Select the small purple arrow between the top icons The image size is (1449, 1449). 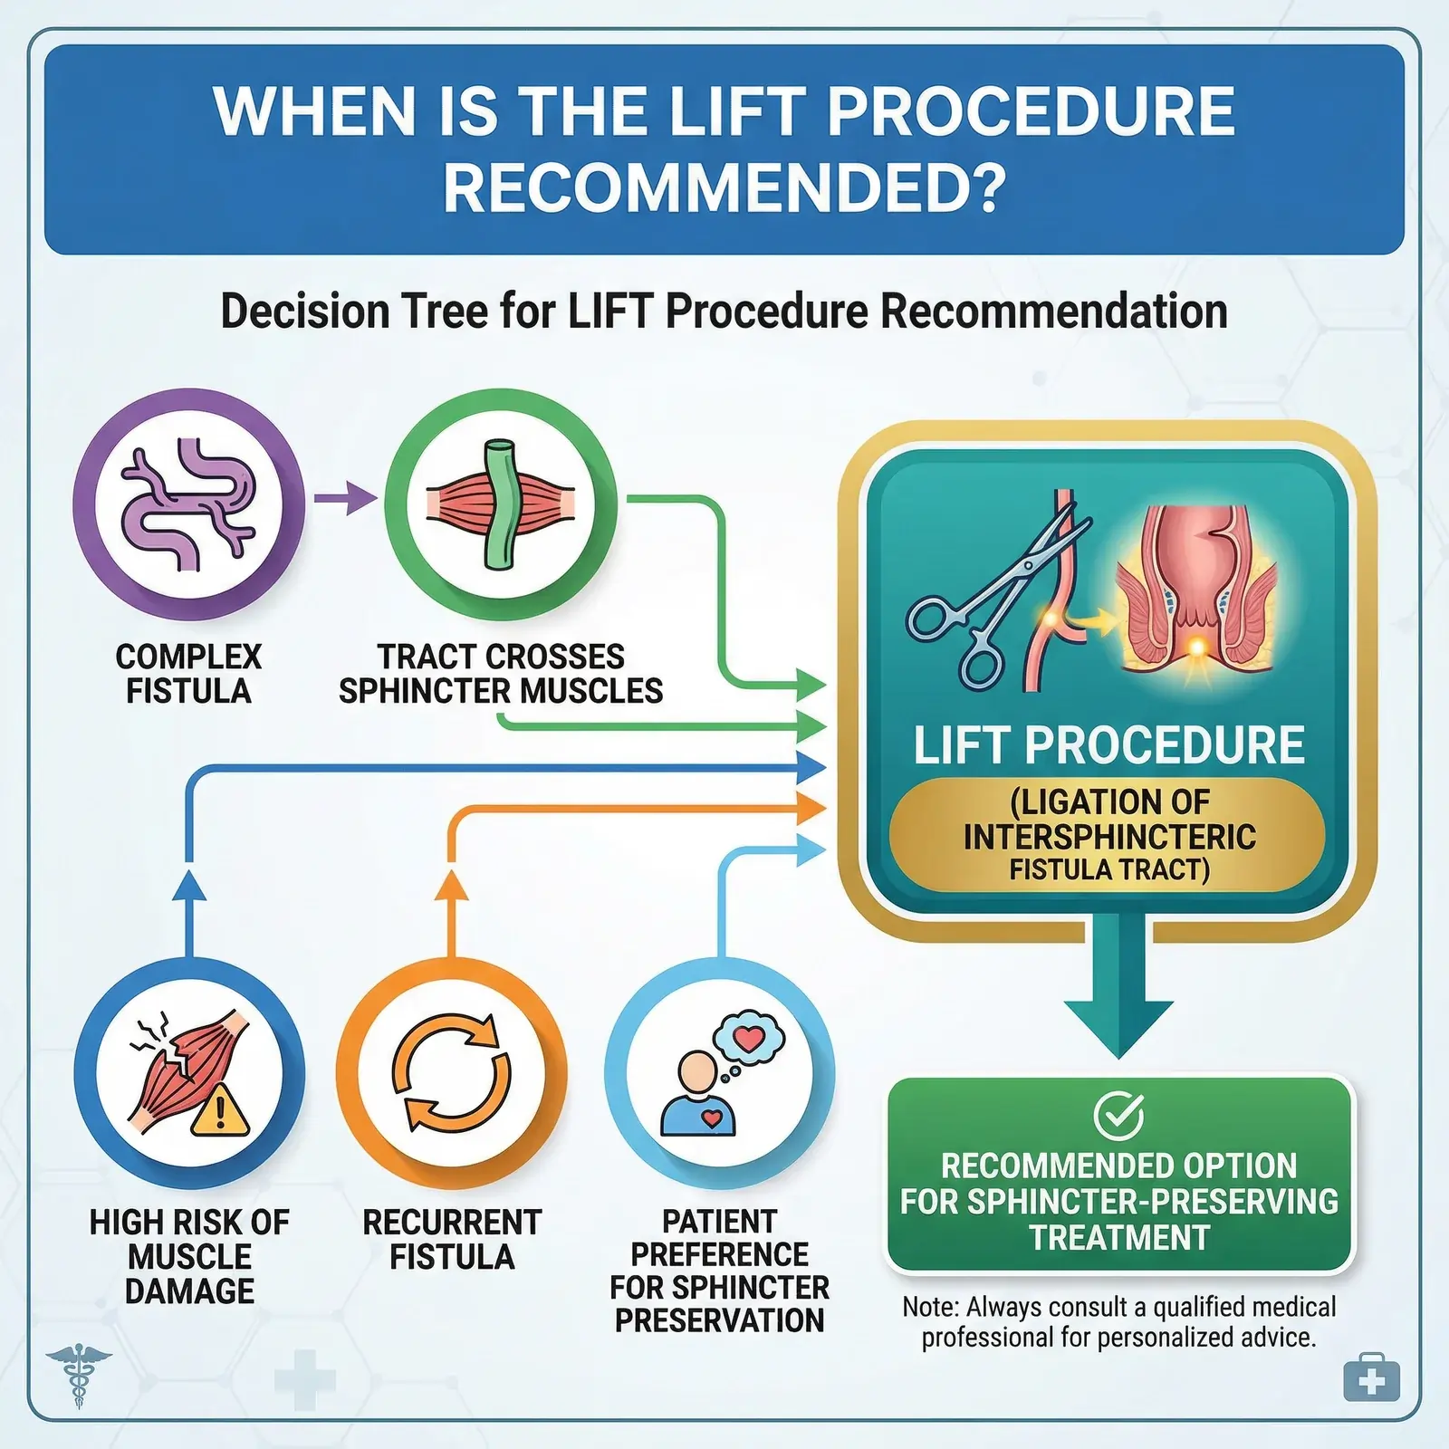[x=345, y=498]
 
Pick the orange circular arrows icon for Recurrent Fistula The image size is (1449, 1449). [x=451, y=1073]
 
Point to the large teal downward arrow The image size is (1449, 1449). [x=1118, y=996]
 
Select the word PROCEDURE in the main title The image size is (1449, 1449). [x=1031, y=112]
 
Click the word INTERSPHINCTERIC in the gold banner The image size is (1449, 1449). [x=1109, y=837]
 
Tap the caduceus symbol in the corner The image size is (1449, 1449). [x=79, y=1375]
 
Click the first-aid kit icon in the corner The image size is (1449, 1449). [x=1372, y=1378]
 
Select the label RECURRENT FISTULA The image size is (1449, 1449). [x=451, y=1239]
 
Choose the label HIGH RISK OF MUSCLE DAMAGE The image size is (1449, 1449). [x=189, y=1256]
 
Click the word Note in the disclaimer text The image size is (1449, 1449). [x=929, y=1307]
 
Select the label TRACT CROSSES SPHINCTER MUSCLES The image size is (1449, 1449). [x=500, y=674]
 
